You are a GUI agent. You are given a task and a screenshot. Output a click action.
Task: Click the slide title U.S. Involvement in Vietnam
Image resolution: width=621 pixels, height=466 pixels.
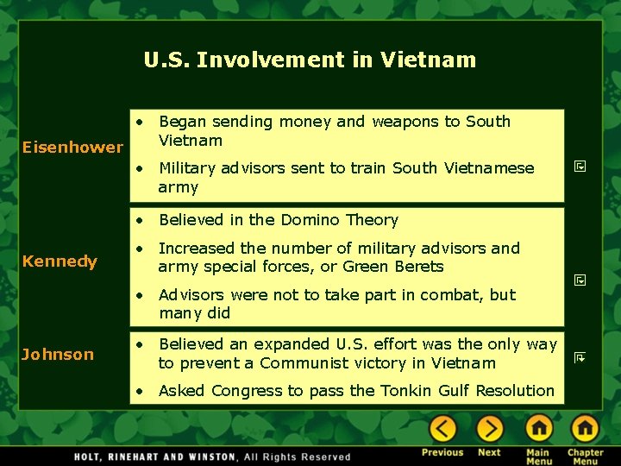(x=310, y=60)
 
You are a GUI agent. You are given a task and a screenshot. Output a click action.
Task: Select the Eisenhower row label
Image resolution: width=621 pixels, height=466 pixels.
(x=72, y=147)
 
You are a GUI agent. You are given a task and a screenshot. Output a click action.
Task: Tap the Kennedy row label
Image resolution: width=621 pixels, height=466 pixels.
(x=60, y=261)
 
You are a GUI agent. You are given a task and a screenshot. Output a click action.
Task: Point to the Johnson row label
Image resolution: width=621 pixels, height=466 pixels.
(x=58, y=354)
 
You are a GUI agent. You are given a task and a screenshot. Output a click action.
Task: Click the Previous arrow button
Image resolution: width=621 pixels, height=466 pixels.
(x=443, y=428)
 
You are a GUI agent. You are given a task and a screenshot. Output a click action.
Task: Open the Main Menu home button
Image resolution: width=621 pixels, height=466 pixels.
(x=539, y=428)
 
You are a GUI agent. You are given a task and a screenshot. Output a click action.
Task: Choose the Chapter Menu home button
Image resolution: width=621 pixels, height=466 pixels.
(x=585, y=428)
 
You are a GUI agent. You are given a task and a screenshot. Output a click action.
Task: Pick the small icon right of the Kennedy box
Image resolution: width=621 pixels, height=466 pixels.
(x=580, y=280)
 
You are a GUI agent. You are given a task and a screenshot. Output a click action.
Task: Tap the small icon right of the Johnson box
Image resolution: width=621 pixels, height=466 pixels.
(x=580, y=356)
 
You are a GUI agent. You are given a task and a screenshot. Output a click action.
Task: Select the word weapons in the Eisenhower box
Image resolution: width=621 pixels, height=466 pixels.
(x=405, y=122)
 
